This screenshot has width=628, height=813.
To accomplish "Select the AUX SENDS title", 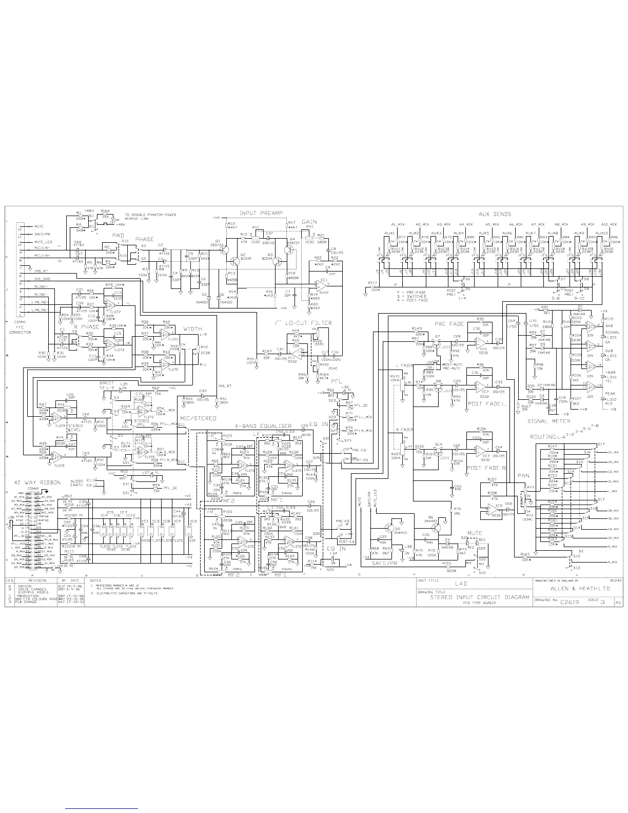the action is (x=494, y=214).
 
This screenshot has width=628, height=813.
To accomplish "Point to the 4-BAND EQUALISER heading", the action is (x=263, y=426).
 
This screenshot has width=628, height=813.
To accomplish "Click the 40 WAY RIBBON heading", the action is (x=37, y=482).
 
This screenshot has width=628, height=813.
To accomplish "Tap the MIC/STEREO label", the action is (x=198, y=418).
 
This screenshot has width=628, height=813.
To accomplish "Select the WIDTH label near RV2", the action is (x=192, y=329).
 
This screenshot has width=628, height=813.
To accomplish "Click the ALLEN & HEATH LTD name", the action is (x=579, y=588).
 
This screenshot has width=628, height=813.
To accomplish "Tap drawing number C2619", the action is (x=569, y=602).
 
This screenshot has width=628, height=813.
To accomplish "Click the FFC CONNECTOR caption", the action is (x=20, y=332).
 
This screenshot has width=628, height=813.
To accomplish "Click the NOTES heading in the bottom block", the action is (x=95, y=580).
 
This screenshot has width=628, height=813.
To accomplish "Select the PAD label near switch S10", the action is (x=117, y=235).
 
